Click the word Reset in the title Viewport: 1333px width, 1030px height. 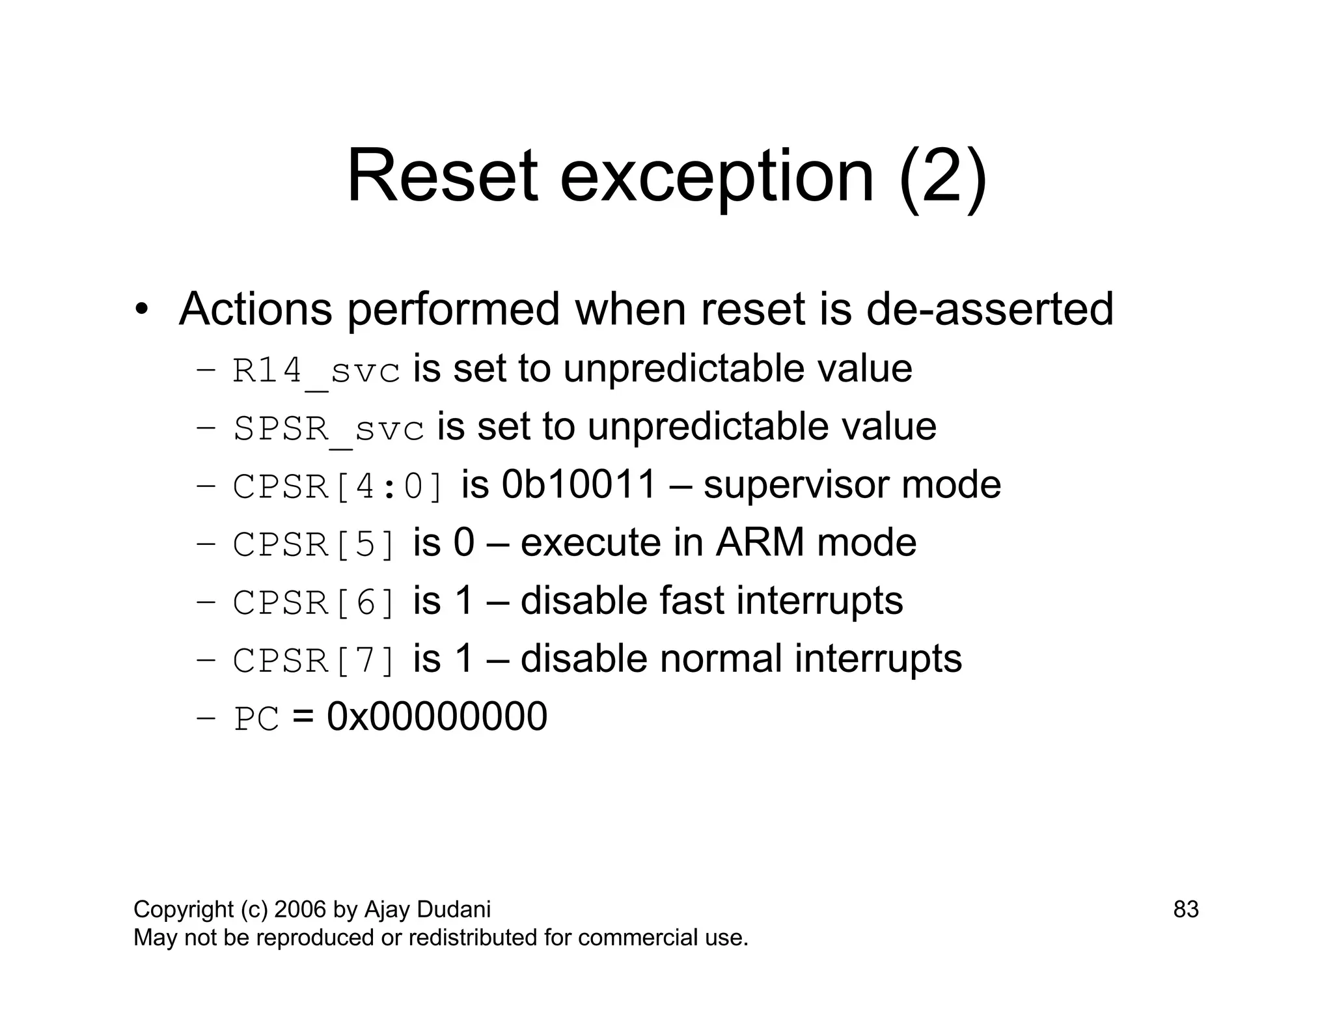point(442,177)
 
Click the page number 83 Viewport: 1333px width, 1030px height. point(1185,910)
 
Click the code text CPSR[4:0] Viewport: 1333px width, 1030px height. point(338,487)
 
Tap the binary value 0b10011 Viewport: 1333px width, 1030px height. point(579,485)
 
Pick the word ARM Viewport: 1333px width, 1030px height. point(760,542)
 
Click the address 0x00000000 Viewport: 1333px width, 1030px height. point(437,717)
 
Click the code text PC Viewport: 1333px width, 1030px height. point(256,719)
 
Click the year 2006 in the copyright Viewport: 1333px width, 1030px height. point(300,910)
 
